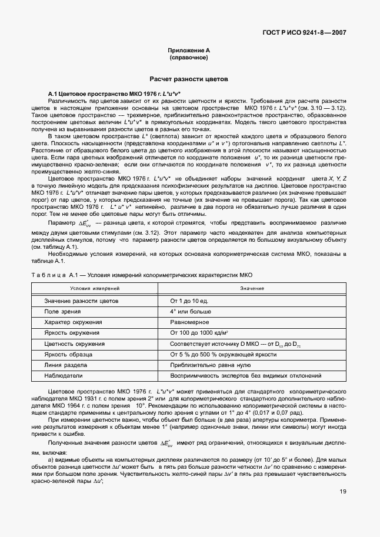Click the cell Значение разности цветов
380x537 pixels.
(81, 301)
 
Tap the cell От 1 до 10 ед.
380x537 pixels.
(189, 301)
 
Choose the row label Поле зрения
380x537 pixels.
(59, 311)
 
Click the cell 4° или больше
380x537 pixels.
(190, 311)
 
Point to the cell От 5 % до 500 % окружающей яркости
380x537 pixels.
(223, 354)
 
